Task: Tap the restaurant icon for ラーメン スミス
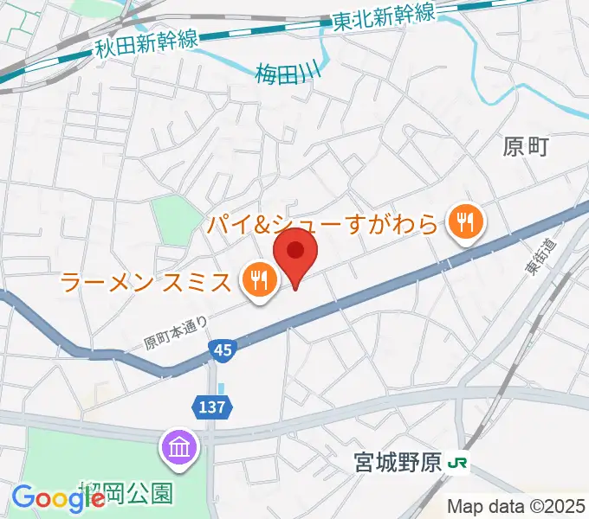(x=258, y=279)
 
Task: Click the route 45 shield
(x=221, y=350)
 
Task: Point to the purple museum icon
(x=180, y=448)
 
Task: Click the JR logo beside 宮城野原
(x=459, y=465)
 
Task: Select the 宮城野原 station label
(x=399, y=465)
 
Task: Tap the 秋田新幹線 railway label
(x=146, y=43)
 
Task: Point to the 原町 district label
(x=526, y=147)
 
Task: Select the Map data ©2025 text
(x=515, y=505)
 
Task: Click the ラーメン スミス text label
(x=147, y=281)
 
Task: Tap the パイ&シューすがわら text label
(x=323, y=226)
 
